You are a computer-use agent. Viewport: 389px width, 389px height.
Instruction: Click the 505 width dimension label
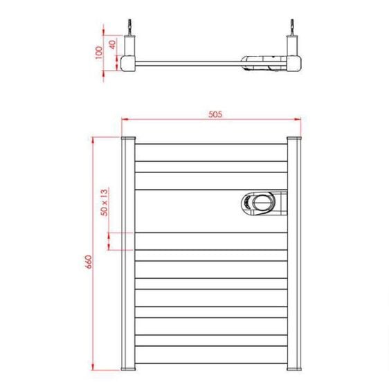tap(214, 116)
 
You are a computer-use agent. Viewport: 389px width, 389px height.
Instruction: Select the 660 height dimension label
tap(88, 261)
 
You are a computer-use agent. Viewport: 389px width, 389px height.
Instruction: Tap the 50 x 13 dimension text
tap(105, 203)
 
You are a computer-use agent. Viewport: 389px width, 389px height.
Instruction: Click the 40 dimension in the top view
tap(112, 44)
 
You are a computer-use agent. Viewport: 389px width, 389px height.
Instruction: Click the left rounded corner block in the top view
tap(128, 63)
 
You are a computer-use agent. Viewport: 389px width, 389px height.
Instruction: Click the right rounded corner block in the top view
tap(294, 63)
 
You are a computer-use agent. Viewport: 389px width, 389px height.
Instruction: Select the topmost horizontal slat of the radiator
tap(211, 154)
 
